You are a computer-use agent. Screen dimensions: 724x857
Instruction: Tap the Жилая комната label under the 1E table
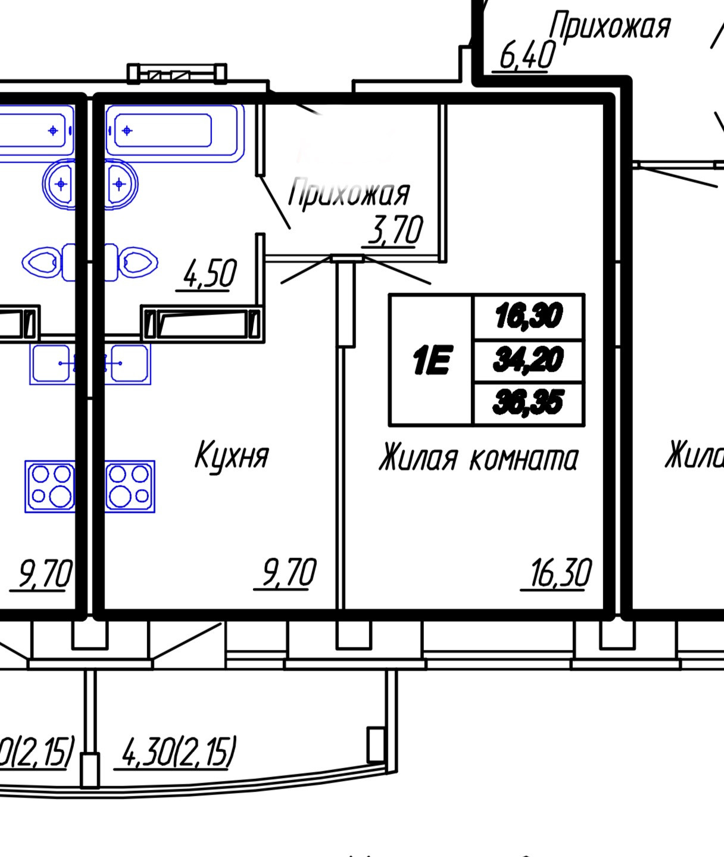point(478,459)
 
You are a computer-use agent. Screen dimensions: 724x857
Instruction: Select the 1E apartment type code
point(430,361)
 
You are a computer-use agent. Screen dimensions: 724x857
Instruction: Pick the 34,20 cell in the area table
point(528,360)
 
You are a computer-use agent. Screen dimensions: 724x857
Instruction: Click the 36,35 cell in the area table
point(528,403)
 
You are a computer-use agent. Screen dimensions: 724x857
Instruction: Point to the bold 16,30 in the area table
point(528,316)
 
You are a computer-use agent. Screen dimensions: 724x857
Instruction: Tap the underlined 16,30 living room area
point(560,574)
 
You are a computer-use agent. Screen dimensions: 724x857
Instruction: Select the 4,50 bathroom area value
point(208,274)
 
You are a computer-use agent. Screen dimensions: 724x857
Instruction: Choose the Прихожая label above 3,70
point(349,194)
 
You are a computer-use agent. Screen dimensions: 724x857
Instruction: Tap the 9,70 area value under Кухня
point(288,573)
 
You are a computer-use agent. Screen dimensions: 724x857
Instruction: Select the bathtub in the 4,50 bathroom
point(174,131)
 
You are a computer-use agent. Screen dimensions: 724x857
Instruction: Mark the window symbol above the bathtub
point(177,73)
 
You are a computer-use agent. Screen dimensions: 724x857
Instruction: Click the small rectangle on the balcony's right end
point(375,744)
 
